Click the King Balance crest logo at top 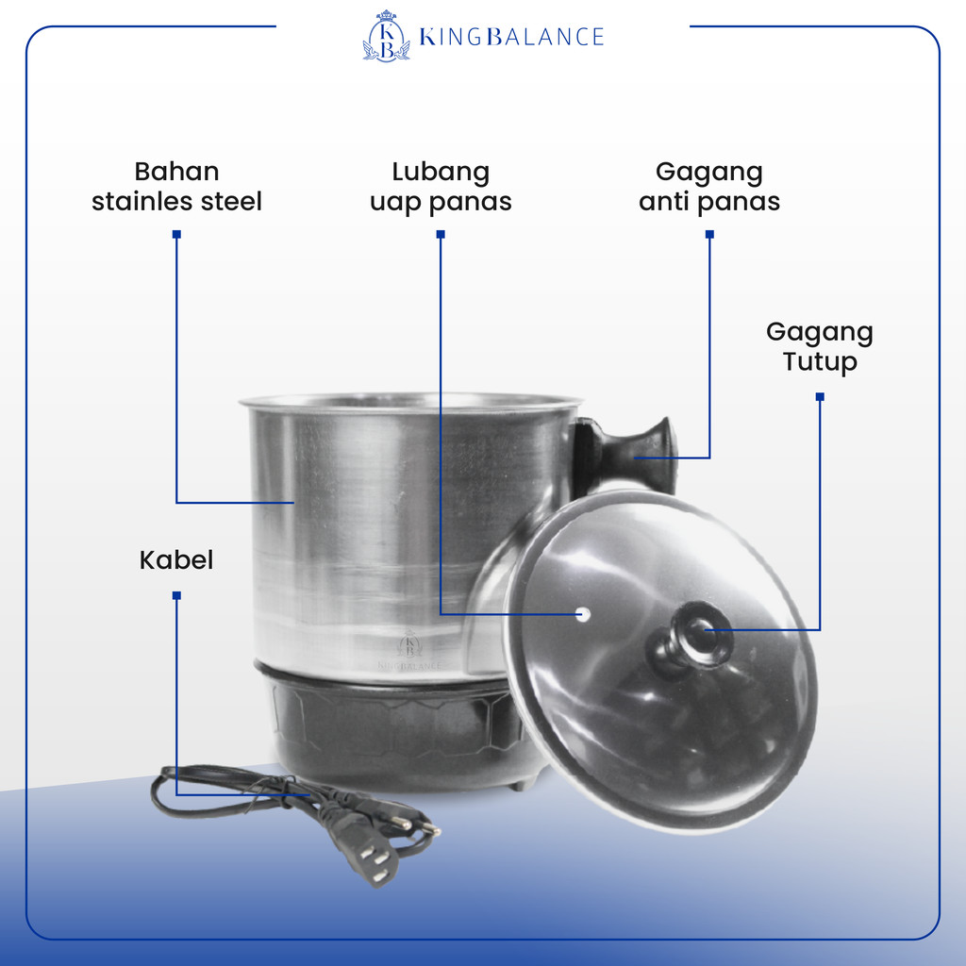tap(386, 36)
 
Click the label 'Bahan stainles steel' tap(176, 186)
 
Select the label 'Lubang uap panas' tap(441, 186)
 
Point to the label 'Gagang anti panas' tap(709, 186)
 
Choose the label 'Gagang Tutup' tap(819, 346)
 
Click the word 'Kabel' tap(176, 559)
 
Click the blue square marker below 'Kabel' tap(176, 595)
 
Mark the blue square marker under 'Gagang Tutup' tap(819, 396)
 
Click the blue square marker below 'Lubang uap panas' tap(441, 234)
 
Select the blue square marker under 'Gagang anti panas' tap(709, 234)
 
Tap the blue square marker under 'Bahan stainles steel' tap(176, 234)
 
